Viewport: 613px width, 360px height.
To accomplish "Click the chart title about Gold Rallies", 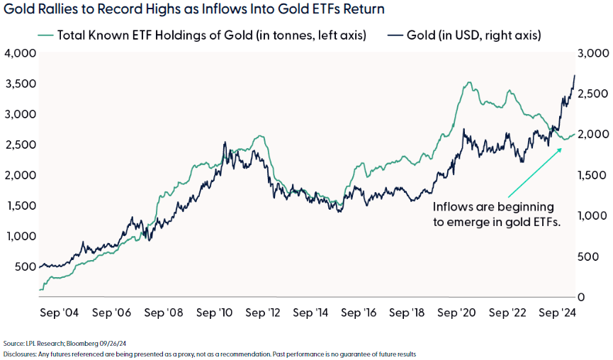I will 194,10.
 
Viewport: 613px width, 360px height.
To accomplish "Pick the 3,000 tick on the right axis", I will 593,53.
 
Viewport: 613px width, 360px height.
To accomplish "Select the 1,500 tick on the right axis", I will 593,175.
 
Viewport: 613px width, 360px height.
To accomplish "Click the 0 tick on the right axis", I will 583,297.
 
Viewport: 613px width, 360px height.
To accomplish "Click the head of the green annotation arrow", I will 564,150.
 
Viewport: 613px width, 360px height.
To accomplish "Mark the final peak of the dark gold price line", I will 574,75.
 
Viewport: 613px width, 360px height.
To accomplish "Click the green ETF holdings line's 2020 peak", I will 468,83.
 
